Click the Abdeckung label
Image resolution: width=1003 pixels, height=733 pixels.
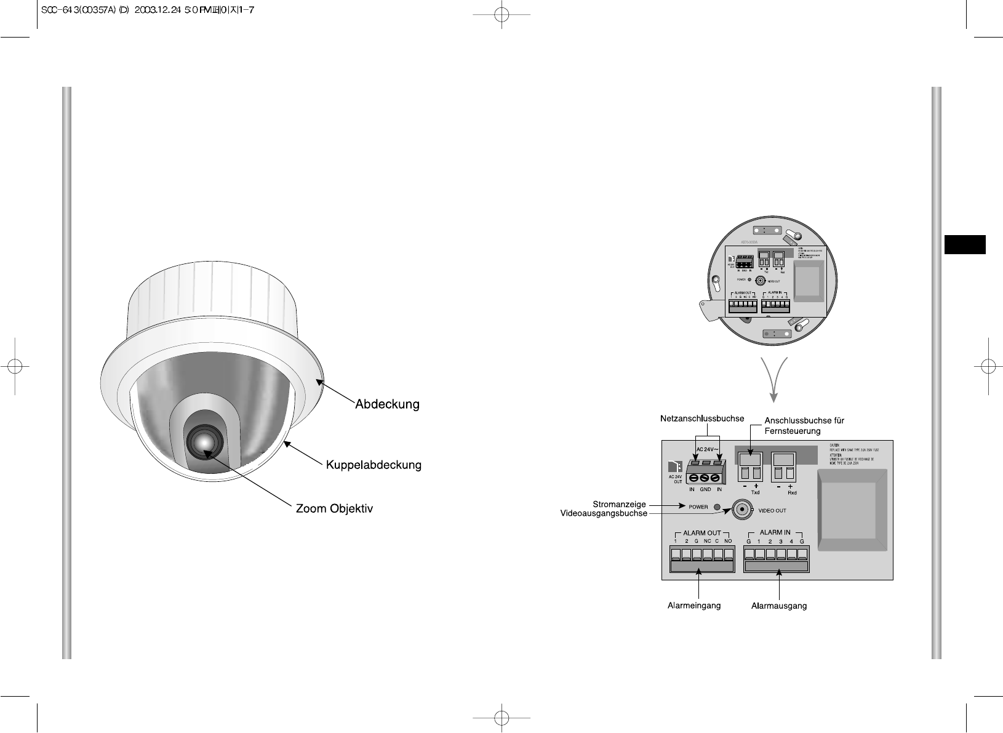coord(387,404)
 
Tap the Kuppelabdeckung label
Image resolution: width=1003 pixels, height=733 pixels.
coord(374,465)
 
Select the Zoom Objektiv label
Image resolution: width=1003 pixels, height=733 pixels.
coord(335,509)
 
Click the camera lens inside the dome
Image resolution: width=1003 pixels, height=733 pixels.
coord(204,440)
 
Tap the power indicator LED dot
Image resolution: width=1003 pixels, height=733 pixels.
coord(717,508)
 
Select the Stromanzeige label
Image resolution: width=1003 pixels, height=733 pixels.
coord(620,504)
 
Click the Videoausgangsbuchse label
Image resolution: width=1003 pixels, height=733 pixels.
coord(604,513)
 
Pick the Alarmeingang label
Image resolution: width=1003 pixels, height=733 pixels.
coord(694,606)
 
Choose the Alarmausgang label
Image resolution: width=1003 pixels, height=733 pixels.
coord(779,606)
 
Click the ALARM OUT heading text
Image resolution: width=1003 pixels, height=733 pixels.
coord(701,533)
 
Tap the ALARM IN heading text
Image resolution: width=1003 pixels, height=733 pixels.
coord(775,532)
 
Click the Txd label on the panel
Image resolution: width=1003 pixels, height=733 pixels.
coord(756,492)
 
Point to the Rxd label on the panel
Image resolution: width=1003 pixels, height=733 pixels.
coord(792,492)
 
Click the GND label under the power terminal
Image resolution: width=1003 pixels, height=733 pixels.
coord(705,489)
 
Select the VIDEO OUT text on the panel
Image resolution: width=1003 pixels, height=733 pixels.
coord(772,510)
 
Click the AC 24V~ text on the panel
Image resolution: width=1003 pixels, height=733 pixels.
coord(708,449)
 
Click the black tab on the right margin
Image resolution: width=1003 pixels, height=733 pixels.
coord(965,244)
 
